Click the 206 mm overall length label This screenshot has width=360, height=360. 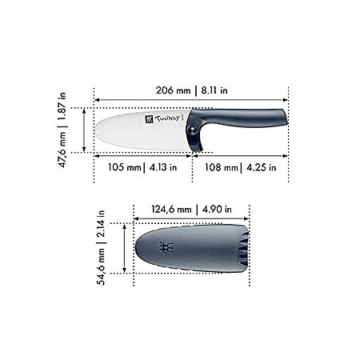174,90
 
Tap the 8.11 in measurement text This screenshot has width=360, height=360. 214,90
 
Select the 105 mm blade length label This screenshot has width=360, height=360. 125,167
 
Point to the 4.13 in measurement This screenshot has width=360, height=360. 163,167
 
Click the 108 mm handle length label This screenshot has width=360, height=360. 222,167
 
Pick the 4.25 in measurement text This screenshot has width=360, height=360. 261,167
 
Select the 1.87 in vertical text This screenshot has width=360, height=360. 62,106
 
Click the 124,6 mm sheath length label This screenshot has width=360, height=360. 171,210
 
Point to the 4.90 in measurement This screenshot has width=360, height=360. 217,210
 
